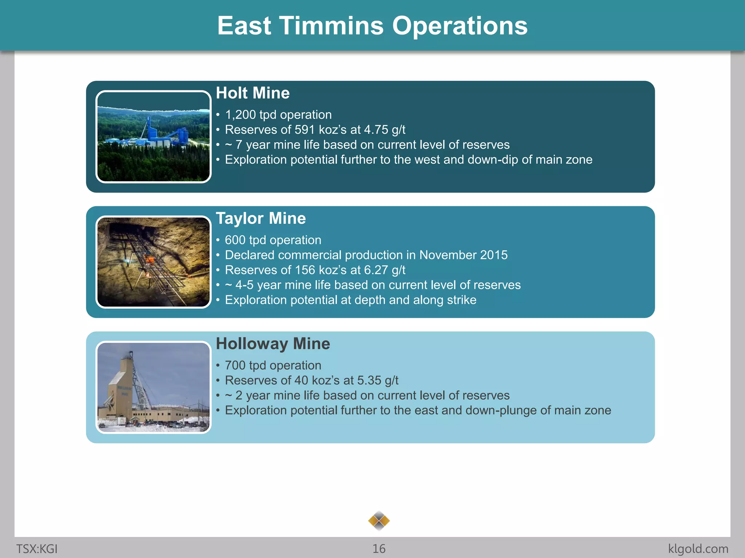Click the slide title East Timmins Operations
click(372, 26)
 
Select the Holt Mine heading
click(253, 93)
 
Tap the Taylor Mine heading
click(261, 218)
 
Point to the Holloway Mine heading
click(273, 344)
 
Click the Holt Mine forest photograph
click(154, 137)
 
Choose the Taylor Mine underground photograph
click(154, 262)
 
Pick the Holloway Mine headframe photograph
click(154, 387)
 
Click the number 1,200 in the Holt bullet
click(240, 115)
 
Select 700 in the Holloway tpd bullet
click(235, 365)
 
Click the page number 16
click(379, 549)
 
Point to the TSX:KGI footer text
click(37, 549)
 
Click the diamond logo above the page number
click(379, 521)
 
